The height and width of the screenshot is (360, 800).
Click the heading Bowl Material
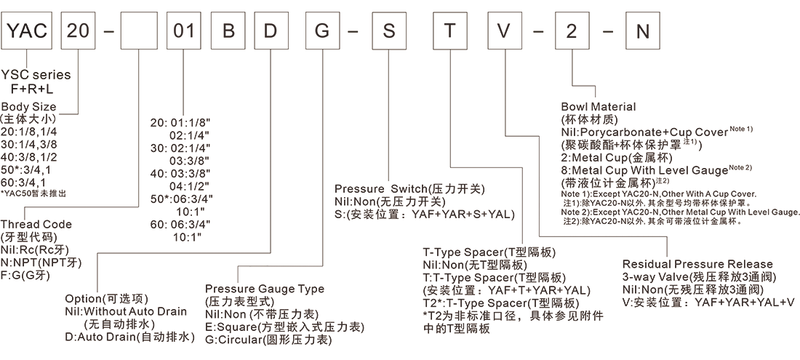[x=598, y=106]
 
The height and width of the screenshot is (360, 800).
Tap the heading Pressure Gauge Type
[x=264, y=289]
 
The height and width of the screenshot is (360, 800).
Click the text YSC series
[x=36, y=75]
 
